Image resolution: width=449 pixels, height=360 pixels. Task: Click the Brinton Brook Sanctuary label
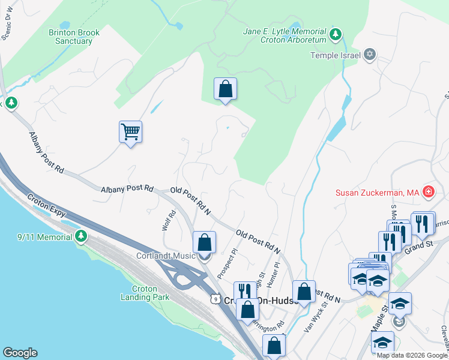click(71, 37)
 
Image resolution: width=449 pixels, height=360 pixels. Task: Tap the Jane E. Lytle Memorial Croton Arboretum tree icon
click(337, 32)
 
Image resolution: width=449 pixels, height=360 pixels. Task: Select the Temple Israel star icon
click(370, 55)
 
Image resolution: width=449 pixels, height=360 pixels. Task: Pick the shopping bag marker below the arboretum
click(225, 89)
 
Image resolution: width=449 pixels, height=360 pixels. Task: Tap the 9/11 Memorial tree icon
click(82, 236)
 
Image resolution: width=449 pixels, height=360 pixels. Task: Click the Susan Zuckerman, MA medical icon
click(429, 193)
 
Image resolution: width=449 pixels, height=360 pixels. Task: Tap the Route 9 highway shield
click(214, 298)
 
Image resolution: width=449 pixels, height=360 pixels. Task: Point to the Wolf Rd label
click(168, 220)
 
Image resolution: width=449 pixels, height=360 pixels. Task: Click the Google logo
click(20, 353)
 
